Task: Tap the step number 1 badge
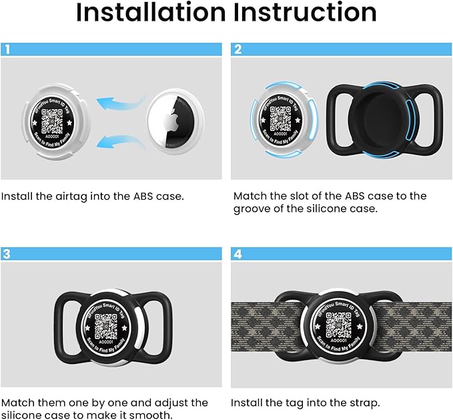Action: [x=7, y=49]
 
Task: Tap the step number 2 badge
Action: [x=238, y=49]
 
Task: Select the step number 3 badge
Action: [x=7, y=254]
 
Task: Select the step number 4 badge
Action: [x=238, y=254]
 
